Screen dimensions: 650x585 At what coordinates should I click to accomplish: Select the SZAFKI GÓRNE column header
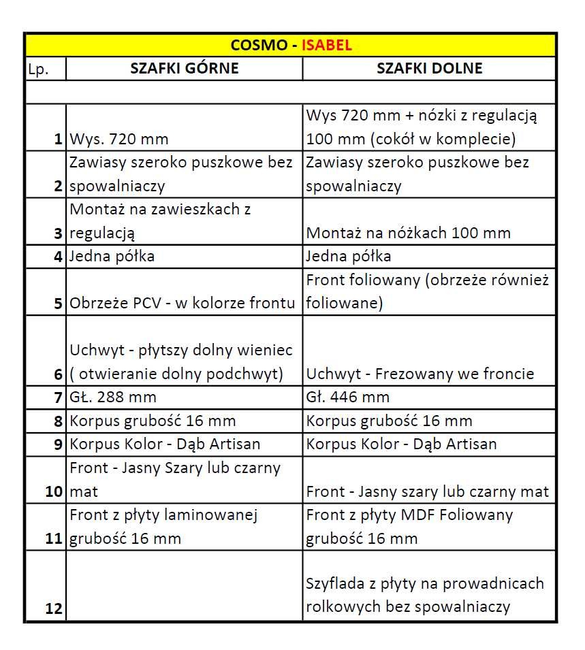[185, 68]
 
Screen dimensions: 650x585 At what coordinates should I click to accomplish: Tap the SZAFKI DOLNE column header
[429, 68]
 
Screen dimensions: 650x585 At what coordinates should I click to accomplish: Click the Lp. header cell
[38, 69]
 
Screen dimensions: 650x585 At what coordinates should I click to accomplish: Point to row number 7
[58, 397]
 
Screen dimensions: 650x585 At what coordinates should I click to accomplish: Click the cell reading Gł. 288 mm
[113, 397]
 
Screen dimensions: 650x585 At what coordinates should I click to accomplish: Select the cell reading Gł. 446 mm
[348, 397]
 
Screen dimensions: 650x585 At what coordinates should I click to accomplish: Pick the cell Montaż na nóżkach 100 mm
[408, 233]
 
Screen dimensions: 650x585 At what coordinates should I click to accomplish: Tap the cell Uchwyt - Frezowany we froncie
[420, 374]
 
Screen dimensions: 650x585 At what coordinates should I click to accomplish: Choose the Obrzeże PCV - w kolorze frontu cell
[183, 303]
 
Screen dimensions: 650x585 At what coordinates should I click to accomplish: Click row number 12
[54, 608]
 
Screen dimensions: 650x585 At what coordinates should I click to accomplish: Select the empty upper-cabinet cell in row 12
[184, 586]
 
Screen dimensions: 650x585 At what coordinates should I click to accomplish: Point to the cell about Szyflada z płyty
[425, 595]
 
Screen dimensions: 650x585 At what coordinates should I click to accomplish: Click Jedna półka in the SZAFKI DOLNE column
[349, 257]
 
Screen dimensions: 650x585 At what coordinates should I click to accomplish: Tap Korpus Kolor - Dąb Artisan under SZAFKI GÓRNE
[165, 444]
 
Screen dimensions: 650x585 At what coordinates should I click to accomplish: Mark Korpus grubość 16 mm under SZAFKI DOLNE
[389, 421]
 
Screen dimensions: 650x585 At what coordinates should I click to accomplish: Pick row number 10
[54, 491]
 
